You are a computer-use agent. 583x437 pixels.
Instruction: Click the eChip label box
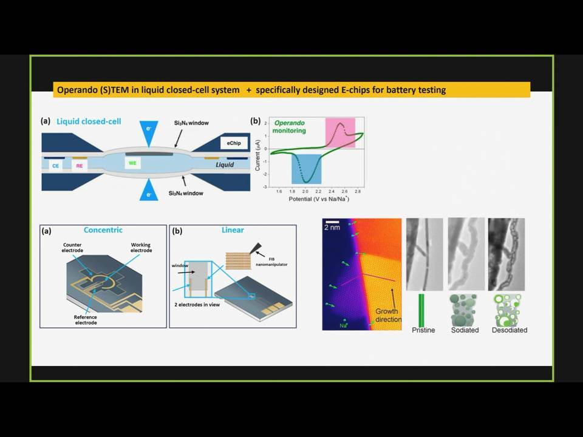coord(234,143)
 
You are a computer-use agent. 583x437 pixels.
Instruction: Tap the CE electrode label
coord(55,166)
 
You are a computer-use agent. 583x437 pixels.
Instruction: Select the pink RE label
coord(79,166)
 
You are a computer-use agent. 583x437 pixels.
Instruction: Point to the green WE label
coord(132,163)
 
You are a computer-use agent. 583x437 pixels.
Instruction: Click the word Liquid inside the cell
coord(225,164)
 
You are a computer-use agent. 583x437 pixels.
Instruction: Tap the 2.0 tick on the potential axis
coord(305,191)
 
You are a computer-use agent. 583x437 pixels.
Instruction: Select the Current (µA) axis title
coord(257,155)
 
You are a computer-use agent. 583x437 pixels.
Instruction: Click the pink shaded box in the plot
coord(340,133)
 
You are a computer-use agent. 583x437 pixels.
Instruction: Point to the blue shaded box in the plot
coord(306,169)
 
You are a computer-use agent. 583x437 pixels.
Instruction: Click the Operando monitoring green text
coord(289,127)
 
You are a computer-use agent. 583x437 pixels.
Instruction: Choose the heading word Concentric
coord(103,230)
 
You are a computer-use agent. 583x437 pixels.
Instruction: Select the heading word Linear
coord(233,230)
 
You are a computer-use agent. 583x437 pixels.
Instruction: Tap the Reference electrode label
coord(86,320)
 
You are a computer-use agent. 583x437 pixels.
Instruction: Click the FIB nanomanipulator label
coord(271,262)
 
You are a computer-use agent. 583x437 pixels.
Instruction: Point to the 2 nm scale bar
coord(332,222)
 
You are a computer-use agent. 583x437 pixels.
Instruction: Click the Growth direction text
coord(388,315)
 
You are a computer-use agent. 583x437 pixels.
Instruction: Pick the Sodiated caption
coord(465,330)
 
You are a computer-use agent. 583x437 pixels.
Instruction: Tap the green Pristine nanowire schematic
coord(421,310)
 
